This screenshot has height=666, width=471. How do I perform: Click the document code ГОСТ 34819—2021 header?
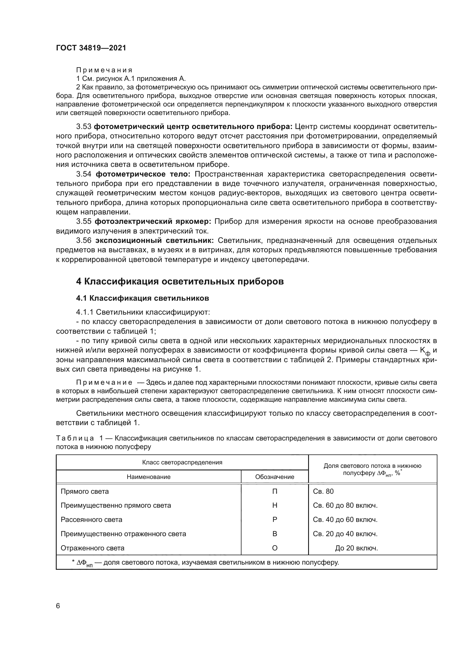[91, 48]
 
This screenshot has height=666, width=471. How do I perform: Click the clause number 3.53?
[84, 127]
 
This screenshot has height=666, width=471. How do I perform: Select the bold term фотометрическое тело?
[143, 174]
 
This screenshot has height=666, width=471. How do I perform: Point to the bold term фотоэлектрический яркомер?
[153, 222]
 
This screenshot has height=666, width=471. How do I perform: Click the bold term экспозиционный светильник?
[155, 241]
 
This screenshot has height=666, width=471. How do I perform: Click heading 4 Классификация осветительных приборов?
[180, 281]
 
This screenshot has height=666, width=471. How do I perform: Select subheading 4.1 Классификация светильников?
[142, 298]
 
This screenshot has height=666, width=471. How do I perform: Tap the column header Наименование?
[148, 477]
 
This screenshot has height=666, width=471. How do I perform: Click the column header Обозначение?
[275, 477]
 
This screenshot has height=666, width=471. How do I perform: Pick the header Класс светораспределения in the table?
[182, 462]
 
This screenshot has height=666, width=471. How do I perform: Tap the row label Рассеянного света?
[91, 520]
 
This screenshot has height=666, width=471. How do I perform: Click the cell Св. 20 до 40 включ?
[345, 534]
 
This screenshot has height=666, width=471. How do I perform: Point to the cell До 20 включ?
[357, 548]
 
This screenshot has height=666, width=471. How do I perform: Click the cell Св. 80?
[323, 491]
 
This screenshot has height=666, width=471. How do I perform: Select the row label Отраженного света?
[93, 548]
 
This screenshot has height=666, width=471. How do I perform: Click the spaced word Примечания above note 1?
[104, 70]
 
